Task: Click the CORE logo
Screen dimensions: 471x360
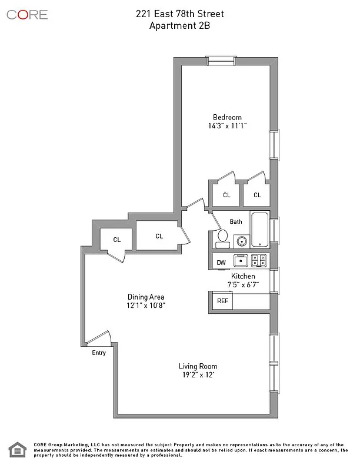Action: click(27, 15)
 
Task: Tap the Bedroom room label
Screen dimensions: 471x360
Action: click(227, 117)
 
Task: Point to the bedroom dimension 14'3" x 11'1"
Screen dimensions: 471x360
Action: click(227, 126)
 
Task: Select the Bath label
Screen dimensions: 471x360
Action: click(236, 222)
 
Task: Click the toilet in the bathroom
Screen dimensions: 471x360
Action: click(222, 238)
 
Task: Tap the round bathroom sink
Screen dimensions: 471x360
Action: click(241, 240)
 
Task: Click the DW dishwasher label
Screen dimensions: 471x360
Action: click(221, 263)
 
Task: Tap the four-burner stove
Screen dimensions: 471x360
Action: click(259, 260)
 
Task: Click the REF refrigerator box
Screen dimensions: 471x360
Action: click(223, 301)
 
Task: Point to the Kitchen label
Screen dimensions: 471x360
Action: click(243, 276)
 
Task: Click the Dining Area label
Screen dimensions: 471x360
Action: click(146, 297)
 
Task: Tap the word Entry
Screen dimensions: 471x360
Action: click(99, 353)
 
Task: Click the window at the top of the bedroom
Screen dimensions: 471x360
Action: click(221, 60)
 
